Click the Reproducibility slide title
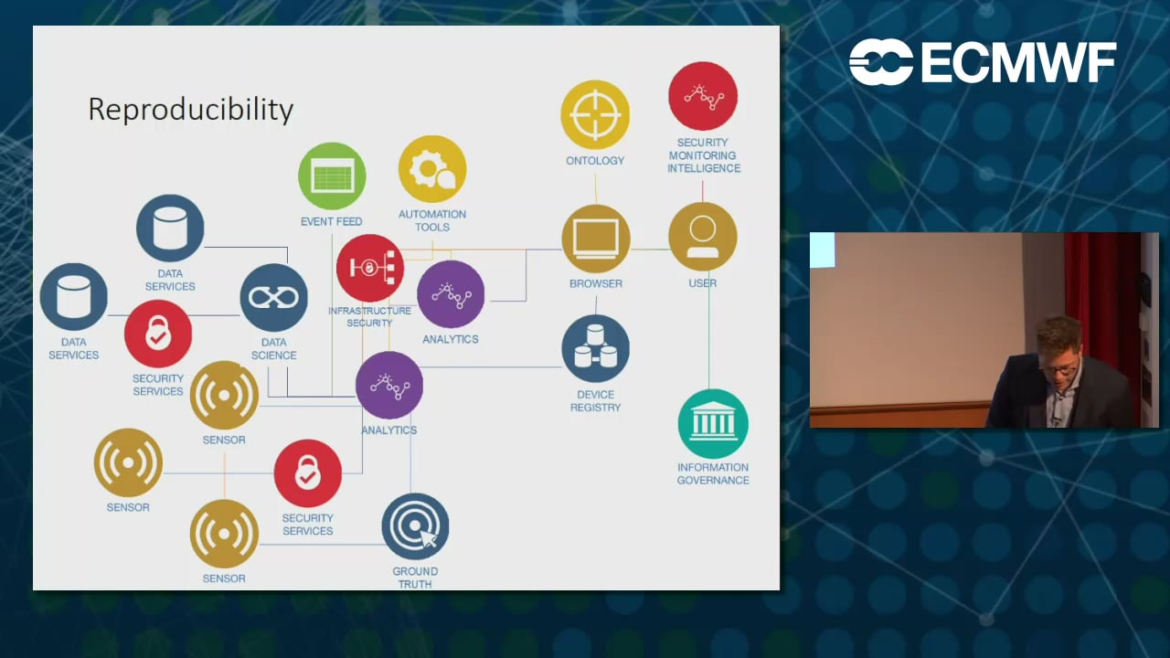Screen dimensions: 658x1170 190,110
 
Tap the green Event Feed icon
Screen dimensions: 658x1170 332,176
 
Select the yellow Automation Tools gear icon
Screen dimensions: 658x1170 432,169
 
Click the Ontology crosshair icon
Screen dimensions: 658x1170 595,115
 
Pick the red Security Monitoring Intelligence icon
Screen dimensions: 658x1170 703,96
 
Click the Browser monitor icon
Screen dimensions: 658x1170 596,239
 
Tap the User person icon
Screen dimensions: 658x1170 702,237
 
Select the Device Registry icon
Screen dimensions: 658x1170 595,349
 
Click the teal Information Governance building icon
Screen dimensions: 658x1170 713,423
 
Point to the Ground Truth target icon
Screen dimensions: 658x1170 415,526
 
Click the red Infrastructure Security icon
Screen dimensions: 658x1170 369,268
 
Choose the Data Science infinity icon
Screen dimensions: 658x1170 273,298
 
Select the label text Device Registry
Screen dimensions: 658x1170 595,401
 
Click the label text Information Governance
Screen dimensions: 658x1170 713,473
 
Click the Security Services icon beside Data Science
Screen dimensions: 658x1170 158,334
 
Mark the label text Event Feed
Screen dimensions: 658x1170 331,222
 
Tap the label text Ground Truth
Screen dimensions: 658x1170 415,578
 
